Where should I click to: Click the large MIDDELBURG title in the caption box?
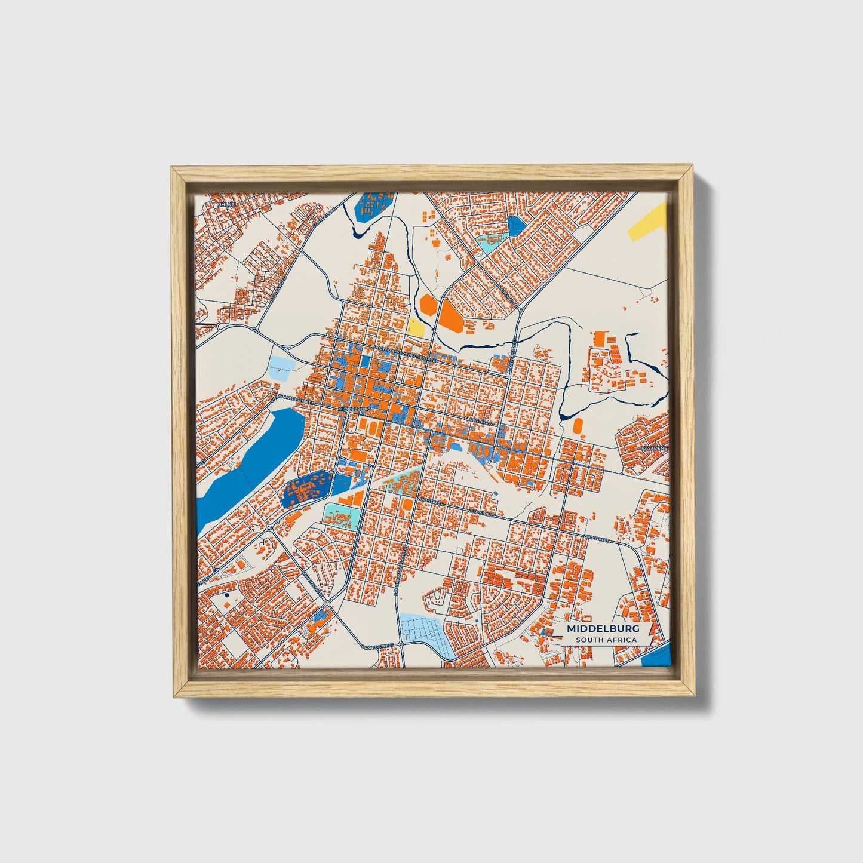(x=603, y=629)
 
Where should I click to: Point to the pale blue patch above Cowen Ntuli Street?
(x=281, y=365)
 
